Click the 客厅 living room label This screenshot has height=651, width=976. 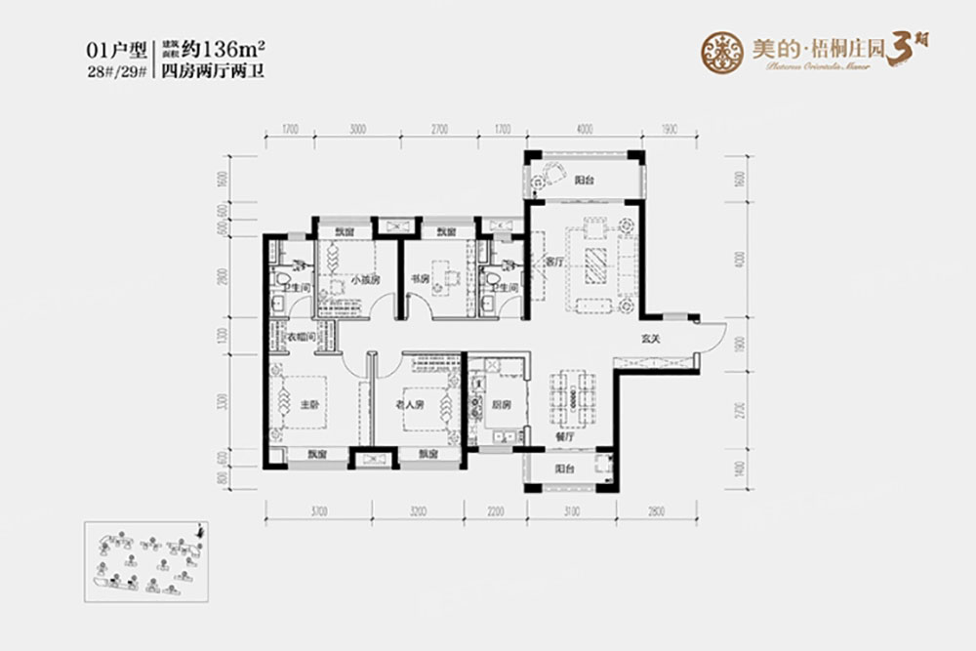coord(555,263)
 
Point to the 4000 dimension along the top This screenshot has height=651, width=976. coord(584,129)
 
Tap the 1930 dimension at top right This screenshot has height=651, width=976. coord(670,129)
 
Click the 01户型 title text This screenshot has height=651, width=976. coord(116,47)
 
